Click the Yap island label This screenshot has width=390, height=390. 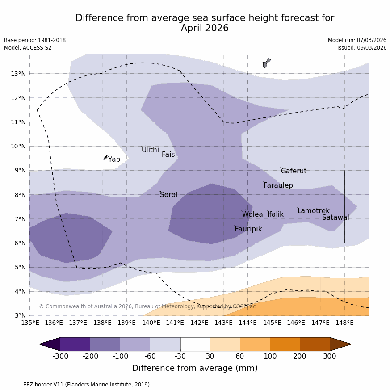point(114,159)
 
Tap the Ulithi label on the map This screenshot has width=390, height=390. point(150,150)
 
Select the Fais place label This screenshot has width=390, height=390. point(168,155)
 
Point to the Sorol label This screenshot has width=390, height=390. point(168,195)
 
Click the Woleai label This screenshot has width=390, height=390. point(253,214)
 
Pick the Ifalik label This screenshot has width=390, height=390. point(275,214)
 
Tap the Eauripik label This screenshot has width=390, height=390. point(248,229)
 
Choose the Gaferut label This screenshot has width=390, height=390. point(294,171)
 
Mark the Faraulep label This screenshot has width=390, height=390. point(278,185)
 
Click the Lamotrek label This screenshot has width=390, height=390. point(313,211)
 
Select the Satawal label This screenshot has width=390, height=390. point(335,218)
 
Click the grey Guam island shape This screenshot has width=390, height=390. point(266,63)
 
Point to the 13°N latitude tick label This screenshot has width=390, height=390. point(17,74)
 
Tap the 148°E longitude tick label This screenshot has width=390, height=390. point(344,323)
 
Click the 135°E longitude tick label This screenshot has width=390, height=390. point(30,323)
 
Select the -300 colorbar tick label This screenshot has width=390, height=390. point(61,356)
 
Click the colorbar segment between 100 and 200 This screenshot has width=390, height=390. point(285,344)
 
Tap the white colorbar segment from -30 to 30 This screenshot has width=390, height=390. point(195,344)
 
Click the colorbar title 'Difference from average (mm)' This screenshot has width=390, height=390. point(195,368)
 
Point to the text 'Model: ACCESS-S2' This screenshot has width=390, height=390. point(28,48)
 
